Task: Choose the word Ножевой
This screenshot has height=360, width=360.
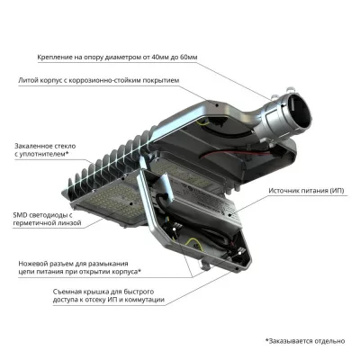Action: click(x=33, y=262)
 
